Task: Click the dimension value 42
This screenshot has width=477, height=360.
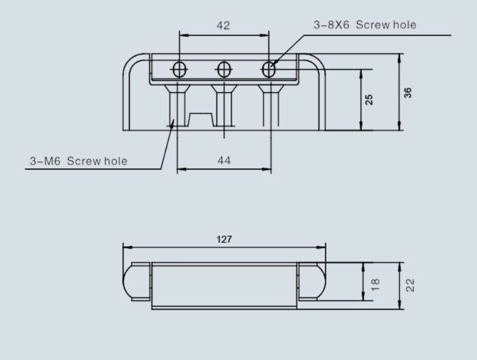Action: [x=223, y=26]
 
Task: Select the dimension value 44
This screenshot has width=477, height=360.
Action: [x=224, y=161]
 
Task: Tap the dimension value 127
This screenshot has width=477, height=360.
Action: [x=224, y=239]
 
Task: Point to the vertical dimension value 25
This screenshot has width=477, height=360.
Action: [x=369, y=99]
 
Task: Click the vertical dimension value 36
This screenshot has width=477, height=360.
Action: [x=408, y=93]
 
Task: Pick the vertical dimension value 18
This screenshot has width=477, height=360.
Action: [x=375, y=284]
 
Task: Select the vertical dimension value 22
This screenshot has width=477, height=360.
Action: [x=410, y=285]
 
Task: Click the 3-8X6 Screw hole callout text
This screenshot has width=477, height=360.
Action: [x=365, y=25]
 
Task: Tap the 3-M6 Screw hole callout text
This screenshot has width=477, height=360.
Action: [x=78, y=161]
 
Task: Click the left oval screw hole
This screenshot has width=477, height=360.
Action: [x=179, y=69]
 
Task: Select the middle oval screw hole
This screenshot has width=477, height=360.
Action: [x=224, y=69]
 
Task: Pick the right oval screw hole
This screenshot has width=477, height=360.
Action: [x=268, y=69]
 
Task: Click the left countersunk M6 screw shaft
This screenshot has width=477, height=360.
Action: [x=178, y=108]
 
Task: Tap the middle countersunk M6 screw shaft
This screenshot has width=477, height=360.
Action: [x=224, y=108]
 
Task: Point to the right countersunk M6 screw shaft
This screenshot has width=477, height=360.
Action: [x=270, y=108]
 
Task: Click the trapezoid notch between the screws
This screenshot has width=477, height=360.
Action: [x=201, y=119]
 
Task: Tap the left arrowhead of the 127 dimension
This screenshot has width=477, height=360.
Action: [x=126, y=247]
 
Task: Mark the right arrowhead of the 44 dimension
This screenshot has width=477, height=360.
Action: [x=268, y=169]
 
